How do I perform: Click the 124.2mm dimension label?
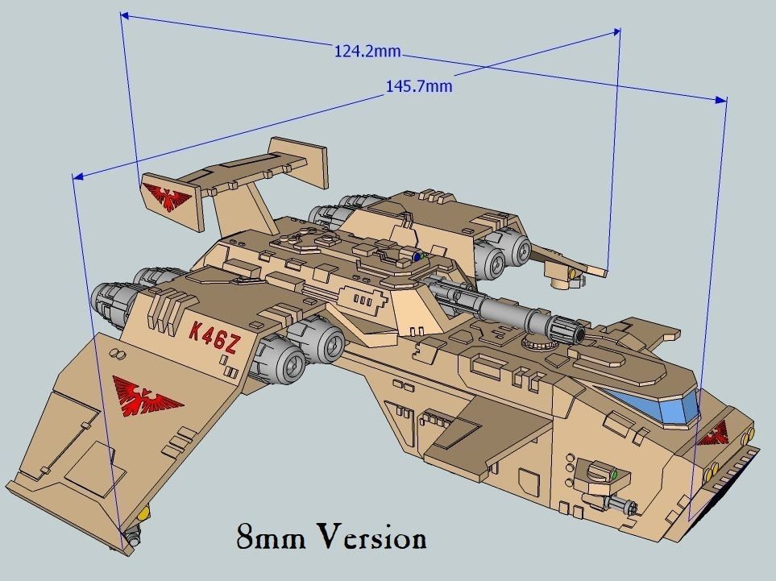367,52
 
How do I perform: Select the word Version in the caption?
371,537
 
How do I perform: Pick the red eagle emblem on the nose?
713,437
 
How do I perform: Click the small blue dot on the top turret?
417,257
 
